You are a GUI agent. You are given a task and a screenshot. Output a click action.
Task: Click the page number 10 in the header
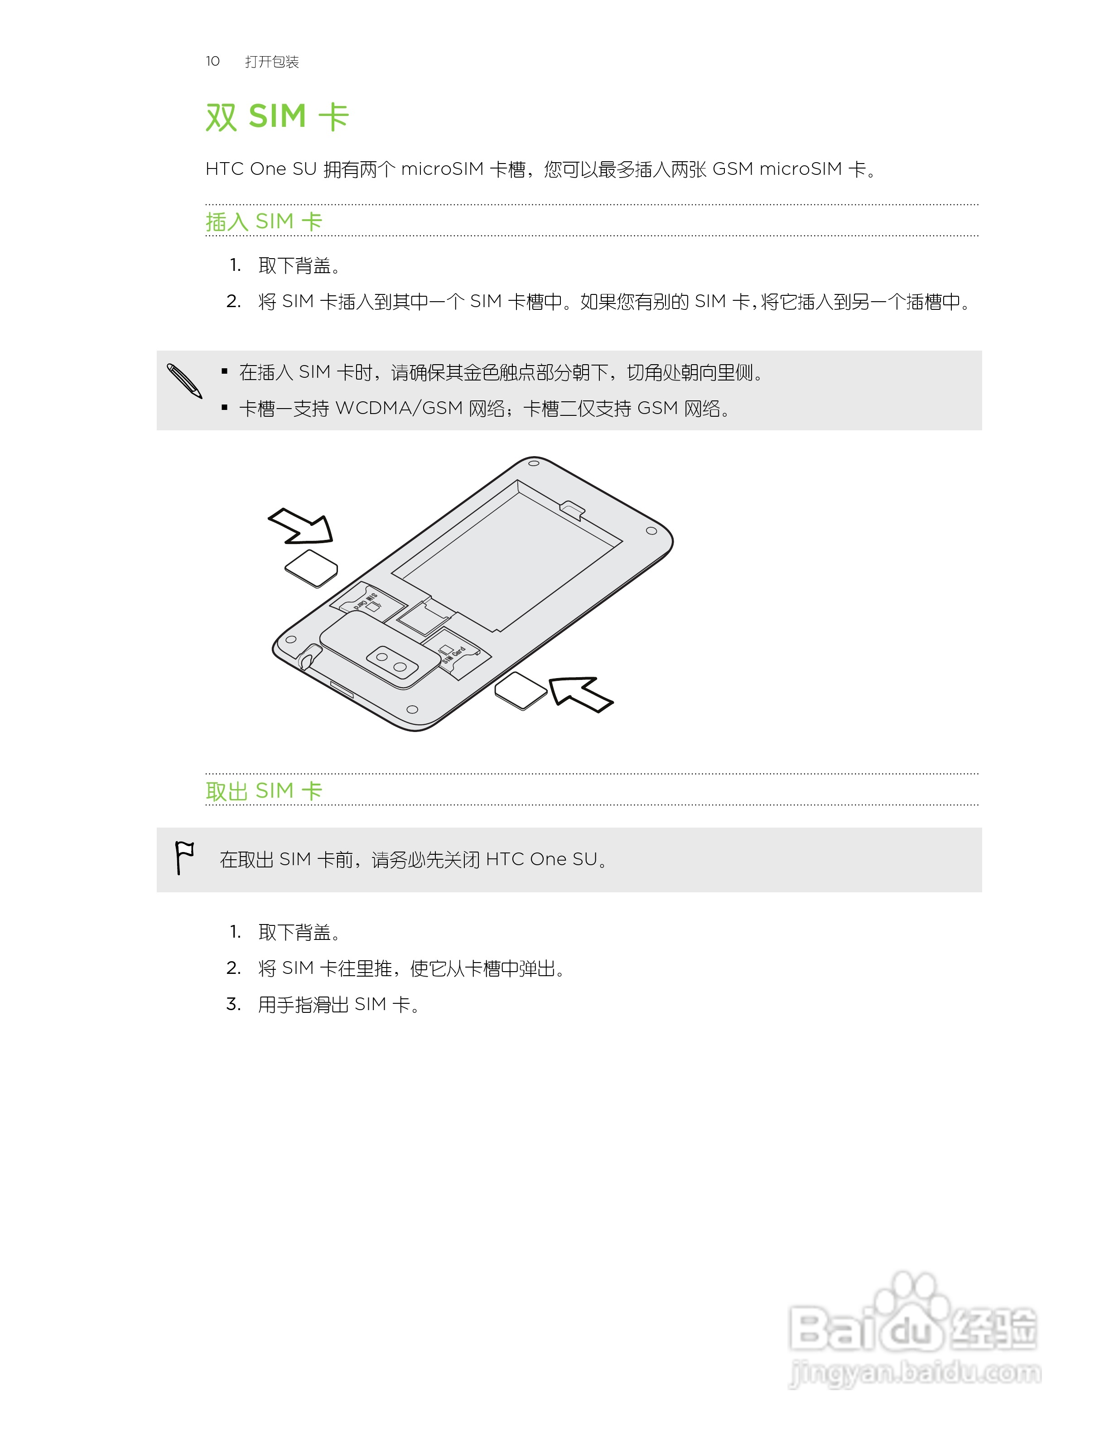(x=212, y=61)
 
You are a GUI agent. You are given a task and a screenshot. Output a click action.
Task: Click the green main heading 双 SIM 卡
(x=277, y=117)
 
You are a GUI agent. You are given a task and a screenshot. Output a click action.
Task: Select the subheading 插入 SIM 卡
(x=264, y=222)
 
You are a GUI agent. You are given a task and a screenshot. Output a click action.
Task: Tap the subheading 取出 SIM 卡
(x=264, y=791)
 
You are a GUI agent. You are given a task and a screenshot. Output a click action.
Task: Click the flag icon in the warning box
(x=184, y=857)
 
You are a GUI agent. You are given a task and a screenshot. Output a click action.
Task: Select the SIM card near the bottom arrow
(x=521, y=691)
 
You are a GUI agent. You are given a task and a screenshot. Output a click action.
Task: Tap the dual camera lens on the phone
(x=391, y=662)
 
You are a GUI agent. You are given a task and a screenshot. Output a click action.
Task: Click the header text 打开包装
(x=272, y=62)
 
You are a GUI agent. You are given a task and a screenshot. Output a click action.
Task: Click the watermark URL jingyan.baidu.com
(x=915, y=1373)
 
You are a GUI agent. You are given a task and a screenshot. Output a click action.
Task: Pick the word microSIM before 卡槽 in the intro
(x=442, y=169)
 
